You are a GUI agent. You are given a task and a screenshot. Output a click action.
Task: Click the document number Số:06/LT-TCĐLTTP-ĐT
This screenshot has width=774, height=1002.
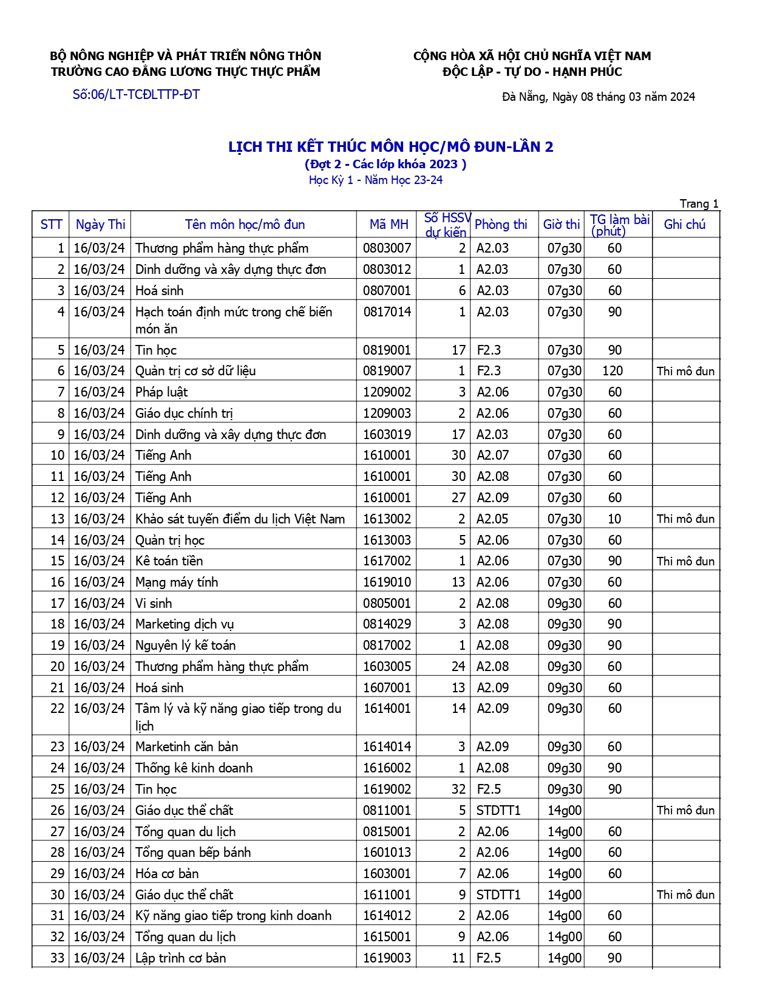136,95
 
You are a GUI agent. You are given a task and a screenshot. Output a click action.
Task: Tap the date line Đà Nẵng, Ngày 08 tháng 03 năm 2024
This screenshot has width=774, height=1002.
598,97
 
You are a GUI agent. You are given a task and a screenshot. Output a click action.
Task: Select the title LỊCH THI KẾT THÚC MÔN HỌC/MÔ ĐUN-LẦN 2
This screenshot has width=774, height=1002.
390,147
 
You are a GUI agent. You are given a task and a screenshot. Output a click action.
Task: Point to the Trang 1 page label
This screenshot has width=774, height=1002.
699,204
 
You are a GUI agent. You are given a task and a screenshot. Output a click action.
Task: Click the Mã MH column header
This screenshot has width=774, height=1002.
389,225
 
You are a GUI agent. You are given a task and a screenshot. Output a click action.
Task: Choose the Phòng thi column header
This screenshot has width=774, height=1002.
501,225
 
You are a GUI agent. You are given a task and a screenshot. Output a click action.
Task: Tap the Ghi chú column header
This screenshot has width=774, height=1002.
685,225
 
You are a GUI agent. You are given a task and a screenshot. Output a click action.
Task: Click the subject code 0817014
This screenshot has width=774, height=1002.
387,312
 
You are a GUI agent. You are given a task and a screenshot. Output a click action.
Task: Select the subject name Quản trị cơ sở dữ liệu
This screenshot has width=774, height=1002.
195,371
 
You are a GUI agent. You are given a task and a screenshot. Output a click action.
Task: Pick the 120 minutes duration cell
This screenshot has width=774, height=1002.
613,371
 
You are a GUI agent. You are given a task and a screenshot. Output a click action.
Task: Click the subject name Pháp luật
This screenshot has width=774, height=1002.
161,392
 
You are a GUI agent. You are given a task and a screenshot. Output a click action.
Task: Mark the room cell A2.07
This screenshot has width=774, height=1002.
492,455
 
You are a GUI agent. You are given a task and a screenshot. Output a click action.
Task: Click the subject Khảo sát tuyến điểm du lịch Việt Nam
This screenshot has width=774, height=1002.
240,519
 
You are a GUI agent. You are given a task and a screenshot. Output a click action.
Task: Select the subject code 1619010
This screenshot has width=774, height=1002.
387,582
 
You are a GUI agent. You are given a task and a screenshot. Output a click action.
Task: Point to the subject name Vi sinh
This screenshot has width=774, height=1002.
154,604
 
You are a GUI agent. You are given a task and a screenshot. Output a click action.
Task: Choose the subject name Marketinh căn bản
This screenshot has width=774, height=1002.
186,747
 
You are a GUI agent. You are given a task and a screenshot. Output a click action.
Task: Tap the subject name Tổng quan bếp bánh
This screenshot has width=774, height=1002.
193,853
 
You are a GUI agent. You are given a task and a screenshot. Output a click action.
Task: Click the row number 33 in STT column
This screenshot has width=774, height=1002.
57,958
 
